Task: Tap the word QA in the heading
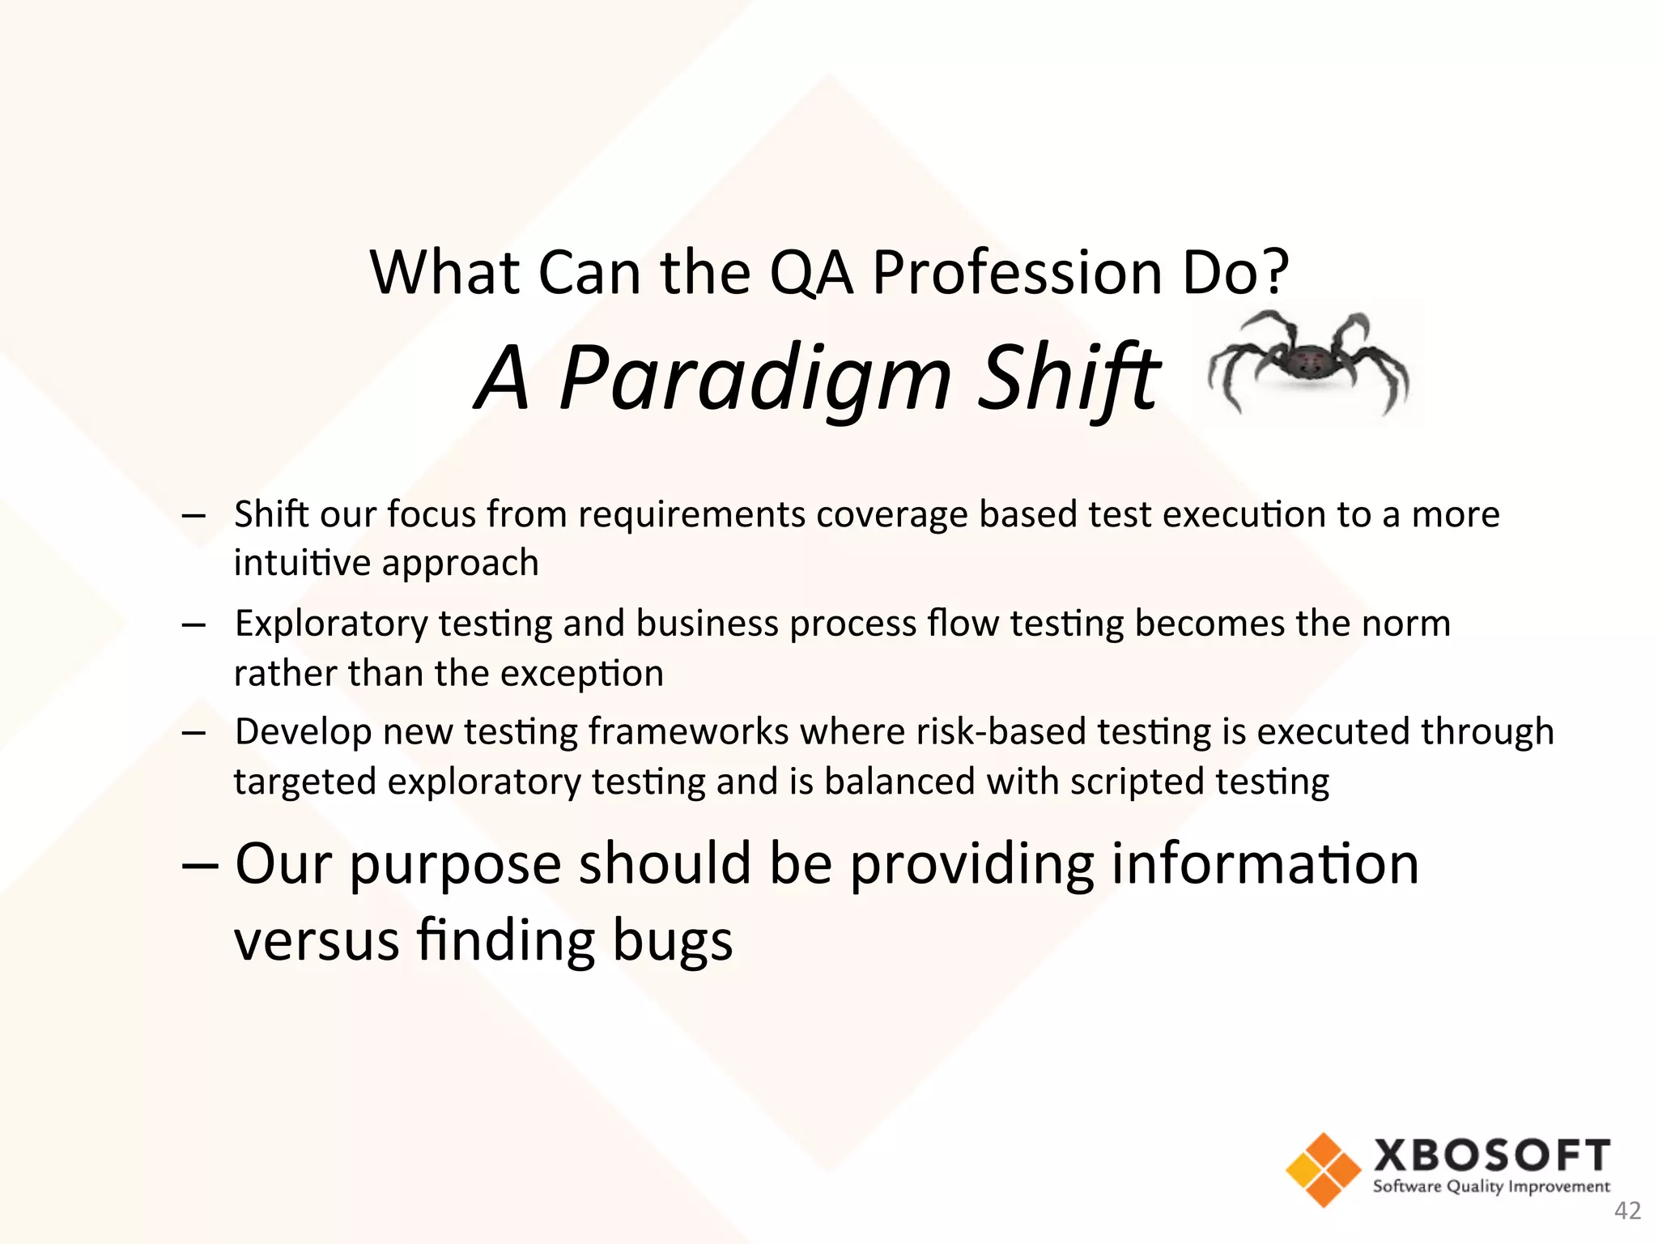(x=810, y=273)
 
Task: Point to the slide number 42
(x=1627, y=1211)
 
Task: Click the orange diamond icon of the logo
(x=1323, y=1169)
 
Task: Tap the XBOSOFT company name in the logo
(x=1491, y=1156)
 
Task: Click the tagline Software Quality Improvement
(x=1491, y=1186)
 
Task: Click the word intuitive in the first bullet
(x=302, y=563)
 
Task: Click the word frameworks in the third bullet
(x=688, y=732)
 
